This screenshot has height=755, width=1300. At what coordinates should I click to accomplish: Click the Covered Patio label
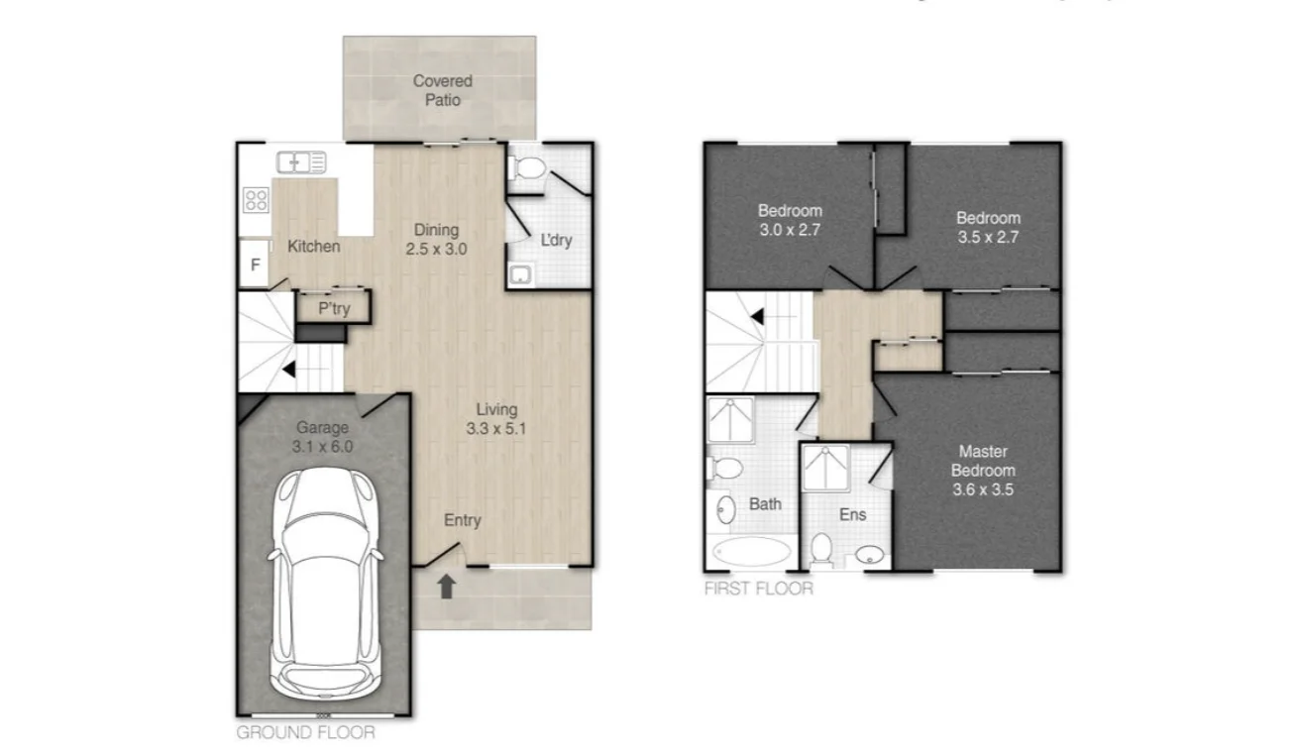pos(442,90)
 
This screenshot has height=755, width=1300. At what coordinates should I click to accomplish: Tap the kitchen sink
pos(301,162)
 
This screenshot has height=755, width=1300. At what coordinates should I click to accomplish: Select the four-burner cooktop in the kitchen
pos(256,199)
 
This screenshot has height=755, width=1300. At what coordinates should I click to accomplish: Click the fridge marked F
pos(255,266)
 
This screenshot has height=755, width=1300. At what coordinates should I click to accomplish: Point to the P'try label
pos(334,309)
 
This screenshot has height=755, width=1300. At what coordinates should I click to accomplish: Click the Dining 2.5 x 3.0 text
pos(436,240)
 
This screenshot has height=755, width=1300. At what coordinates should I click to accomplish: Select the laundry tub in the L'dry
pos(520,274)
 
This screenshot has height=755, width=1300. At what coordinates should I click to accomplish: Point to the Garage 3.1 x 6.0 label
pos(323,437)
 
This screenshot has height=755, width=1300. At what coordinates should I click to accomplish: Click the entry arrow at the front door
pos(446,587)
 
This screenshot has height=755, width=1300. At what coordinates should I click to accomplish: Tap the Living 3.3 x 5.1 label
pos(496,419)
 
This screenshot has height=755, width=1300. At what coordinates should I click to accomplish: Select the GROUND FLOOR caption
pos(305,733)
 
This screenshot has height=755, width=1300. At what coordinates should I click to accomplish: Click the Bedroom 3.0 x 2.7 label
pos(790,219)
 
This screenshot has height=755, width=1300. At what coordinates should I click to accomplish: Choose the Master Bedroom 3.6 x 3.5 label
pos(985,470)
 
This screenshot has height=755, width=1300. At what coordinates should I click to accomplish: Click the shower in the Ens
pos(825,468)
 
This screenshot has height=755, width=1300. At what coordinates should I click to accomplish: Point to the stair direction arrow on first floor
pos(756,317)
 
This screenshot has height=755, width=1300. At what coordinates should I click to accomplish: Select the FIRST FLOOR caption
pos(758,589)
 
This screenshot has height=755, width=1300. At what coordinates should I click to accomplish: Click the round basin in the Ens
pos(869,554)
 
